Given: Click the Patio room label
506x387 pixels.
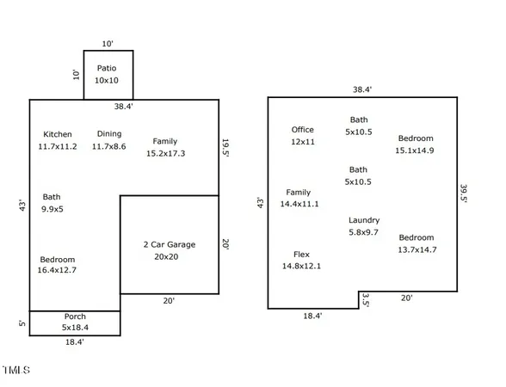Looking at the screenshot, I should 107,68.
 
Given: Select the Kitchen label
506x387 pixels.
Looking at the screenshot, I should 58,134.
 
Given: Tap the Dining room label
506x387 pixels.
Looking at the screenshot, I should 109,134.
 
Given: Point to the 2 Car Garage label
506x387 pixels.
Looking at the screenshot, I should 169,244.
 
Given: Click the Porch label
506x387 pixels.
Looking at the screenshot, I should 75,316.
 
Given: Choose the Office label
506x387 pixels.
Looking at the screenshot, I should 303,130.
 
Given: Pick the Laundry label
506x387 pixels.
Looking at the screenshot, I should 364,220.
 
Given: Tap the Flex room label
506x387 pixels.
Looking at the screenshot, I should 301,255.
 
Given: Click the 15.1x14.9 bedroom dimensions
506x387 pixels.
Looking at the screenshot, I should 415,150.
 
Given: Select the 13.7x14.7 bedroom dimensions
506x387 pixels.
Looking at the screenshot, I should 417,249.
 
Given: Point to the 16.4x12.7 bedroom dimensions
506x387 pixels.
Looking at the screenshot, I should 58,271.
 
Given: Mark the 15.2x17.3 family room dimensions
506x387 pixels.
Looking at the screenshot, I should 166,153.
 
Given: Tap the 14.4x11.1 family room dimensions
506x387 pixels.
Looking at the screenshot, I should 299,204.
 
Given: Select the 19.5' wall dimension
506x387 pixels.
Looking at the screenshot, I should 225,150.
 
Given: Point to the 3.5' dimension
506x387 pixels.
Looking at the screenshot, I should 366,300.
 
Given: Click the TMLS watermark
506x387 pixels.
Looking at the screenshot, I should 16,371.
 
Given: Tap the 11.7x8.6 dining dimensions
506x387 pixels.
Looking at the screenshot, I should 109,146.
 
